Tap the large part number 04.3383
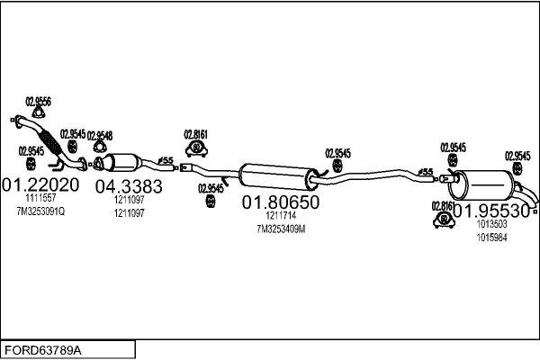[129, 186]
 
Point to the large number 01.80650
[280, 203]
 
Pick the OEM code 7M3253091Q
[40, 211]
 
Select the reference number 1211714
[280, 217]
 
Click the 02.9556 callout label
[38, 101]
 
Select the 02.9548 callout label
[100, 135]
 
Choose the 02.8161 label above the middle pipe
[196, 134]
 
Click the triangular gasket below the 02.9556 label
[38, 113]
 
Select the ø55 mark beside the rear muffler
[427, 172]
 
